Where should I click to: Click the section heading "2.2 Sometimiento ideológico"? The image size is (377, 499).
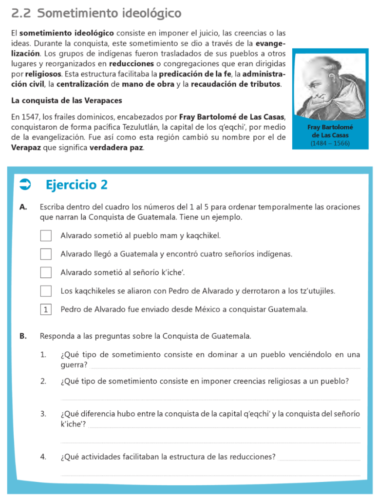pyautogui.click(x=96, y=13)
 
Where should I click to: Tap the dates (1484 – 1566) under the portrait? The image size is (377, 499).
pyautogui.click(x=330, y=143)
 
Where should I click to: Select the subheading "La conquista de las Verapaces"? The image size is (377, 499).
pyautogui.click(x=66, y=101)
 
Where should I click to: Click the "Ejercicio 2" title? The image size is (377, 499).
pyautogui.click(x=76, y=185)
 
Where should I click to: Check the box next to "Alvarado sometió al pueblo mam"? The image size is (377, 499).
pyautogui.click(x=46, y=236)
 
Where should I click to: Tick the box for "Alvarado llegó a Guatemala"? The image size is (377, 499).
pyautogui.click(x=46, y=254)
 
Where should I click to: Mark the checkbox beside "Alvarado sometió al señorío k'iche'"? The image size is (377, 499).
pyautogui.click(x=46, y=272)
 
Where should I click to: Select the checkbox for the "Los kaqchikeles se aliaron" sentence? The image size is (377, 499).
pyautogui.click(x=46, y=291)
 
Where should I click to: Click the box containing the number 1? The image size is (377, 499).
pyautogui.click(x=46, y=309)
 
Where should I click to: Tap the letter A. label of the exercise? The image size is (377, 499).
pyautogui.click(x=23, y=207)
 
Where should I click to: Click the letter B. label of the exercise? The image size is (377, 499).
pyautogui.click(x=23, y=336)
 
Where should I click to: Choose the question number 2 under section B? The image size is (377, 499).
pyautogui.click(x=43, y=381)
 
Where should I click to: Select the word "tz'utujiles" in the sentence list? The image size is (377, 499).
pyautogui.click(x=316, y=291)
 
